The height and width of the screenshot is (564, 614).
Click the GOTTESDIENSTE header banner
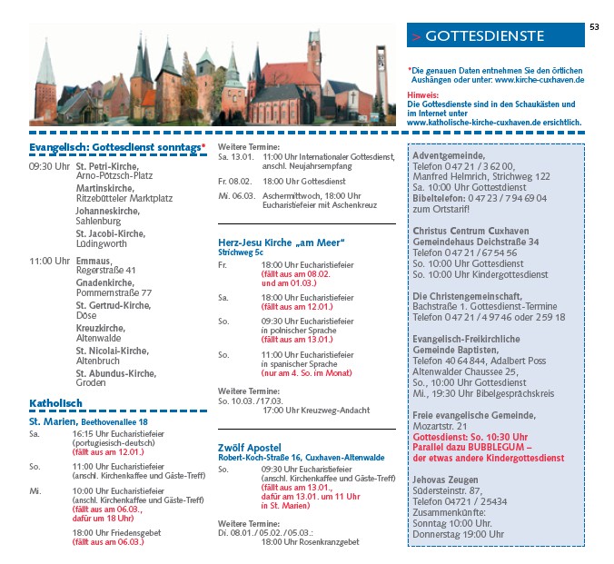[495, 35]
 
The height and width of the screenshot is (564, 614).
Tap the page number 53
[594, 26]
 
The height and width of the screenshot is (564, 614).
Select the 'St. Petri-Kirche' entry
[107, 166]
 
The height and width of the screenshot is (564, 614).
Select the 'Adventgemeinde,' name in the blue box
[449, 155]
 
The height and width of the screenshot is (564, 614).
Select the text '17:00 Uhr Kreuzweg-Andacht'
[316, 411]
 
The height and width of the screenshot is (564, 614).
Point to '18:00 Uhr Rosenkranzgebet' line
[310, 542]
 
